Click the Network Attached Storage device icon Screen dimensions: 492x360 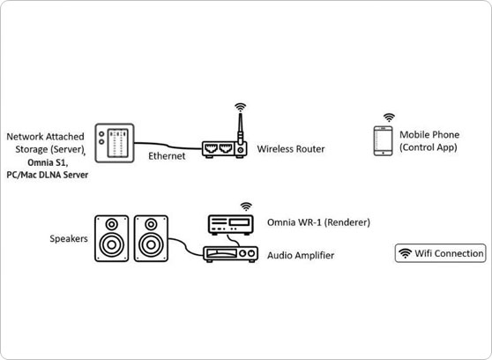coord(115,143)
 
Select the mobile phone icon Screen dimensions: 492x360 coord(384,140)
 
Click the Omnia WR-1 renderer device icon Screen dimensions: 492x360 coord(231,225)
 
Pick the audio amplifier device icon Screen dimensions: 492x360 coord(231,254)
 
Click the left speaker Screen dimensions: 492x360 coord(112,238)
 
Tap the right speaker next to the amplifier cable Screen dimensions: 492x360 coord(151,238)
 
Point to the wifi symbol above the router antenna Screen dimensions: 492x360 coord(241,107)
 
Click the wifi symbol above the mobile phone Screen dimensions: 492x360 coord(389,118)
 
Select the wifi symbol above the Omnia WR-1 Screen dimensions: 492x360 coord(246,206)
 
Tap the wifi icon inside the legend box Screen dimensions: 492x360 coord(405,253)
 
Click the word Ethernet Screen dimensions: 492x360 coord(167,156)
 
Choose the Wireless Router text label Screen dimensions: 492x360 coord(291,149)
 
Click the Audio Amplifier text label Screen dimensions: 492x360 coord(301,255)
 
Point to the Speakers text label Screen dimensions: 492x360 coord(69,238)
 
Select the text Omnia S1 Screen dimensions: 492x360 coord(48,162)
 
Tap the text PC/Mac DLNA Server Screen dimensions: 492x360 coord(48,175)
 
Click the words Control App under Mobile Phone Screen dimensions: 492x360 coord(429,147)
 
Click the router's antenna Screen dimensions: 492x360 coord(241,130)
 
